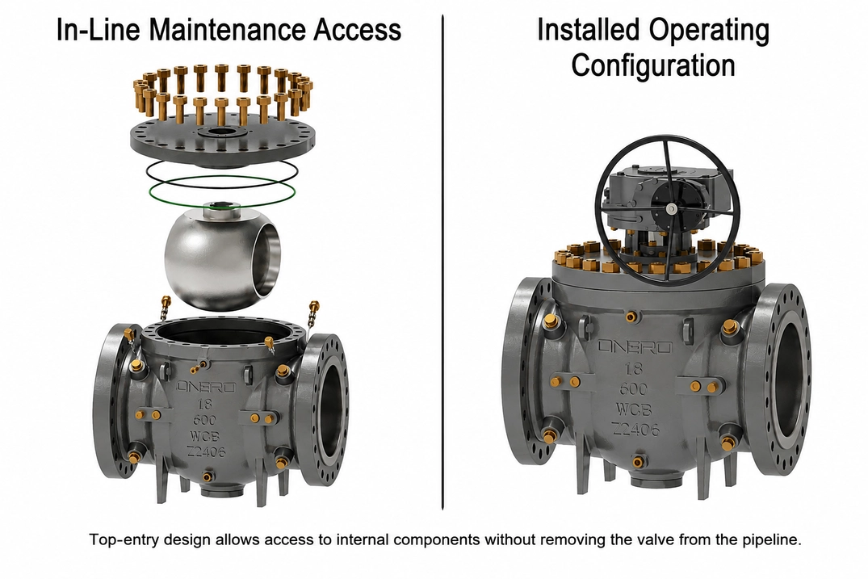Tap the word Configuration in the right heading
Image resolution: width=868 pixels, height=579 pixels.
652,65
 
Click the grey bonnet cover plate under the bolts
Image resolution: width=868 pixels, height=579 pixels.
223,141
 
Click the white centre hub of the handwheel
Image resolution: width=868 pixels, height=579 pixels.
671,208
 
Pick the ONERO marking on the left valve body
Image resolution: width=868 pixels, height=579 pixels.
206,387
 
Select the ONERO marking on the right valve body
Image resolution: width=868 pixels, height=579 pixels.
635,347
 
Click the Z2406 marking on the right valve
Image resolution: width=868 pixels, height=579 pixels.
635,429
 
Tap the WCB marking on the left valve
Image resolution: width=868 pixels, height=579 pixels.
205,435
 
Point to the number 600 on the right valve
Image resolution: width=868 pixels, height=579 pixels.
635,388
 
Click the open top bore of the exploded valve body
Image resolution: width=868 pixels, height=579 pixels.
222,332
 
